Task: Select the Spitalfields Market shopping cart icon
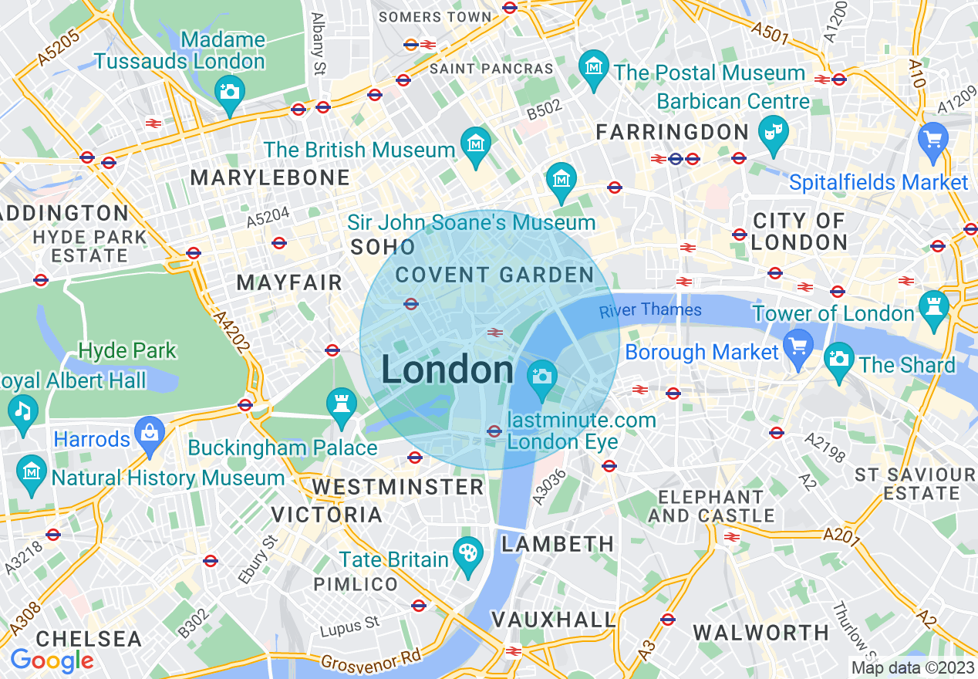tap(932, 140)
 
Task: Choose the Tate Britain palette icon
tap(468, 553)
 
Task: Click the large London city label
tap(447, 370)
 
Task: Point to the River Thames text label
tap(650, 310)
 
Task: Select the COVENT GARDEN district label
tap(494, 275)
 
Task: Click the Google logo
tap(52, 660)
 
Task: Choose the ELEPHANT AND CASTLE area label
tap(711, 506)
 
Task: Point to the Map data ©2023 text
tap(912, 667)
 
